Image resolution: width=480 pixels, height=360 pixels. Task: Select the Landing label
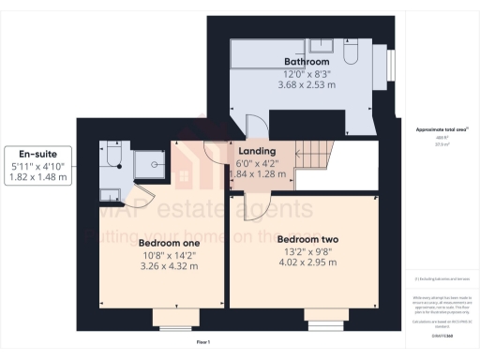257,151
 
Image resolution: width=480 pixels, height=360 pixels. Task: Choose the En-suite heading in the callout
37,154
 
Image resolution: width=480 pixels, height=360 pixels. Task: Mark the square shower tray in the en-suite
149,166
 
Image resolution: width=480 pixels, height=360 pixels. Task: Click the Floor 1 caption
202,343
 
